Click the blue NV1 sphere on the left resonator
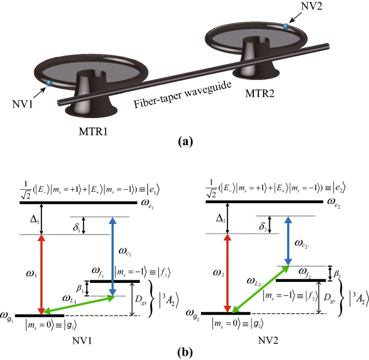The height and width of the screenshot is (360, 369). click(x=49, y=83)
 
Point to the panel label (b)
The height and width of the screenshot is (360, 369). click(x=185, y=353)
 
